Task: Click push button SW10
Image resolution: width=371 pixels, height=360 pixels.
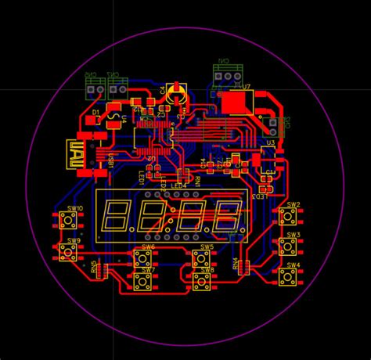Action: (68, 220)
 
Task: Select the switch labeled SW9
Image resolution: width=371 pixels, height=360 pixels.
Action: (68, 251)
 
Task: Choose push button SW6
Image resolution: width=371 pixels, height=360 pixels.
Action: (143, 257)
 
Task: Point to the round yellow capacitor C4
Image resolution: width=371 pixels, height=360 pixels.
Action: (177, 92)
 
